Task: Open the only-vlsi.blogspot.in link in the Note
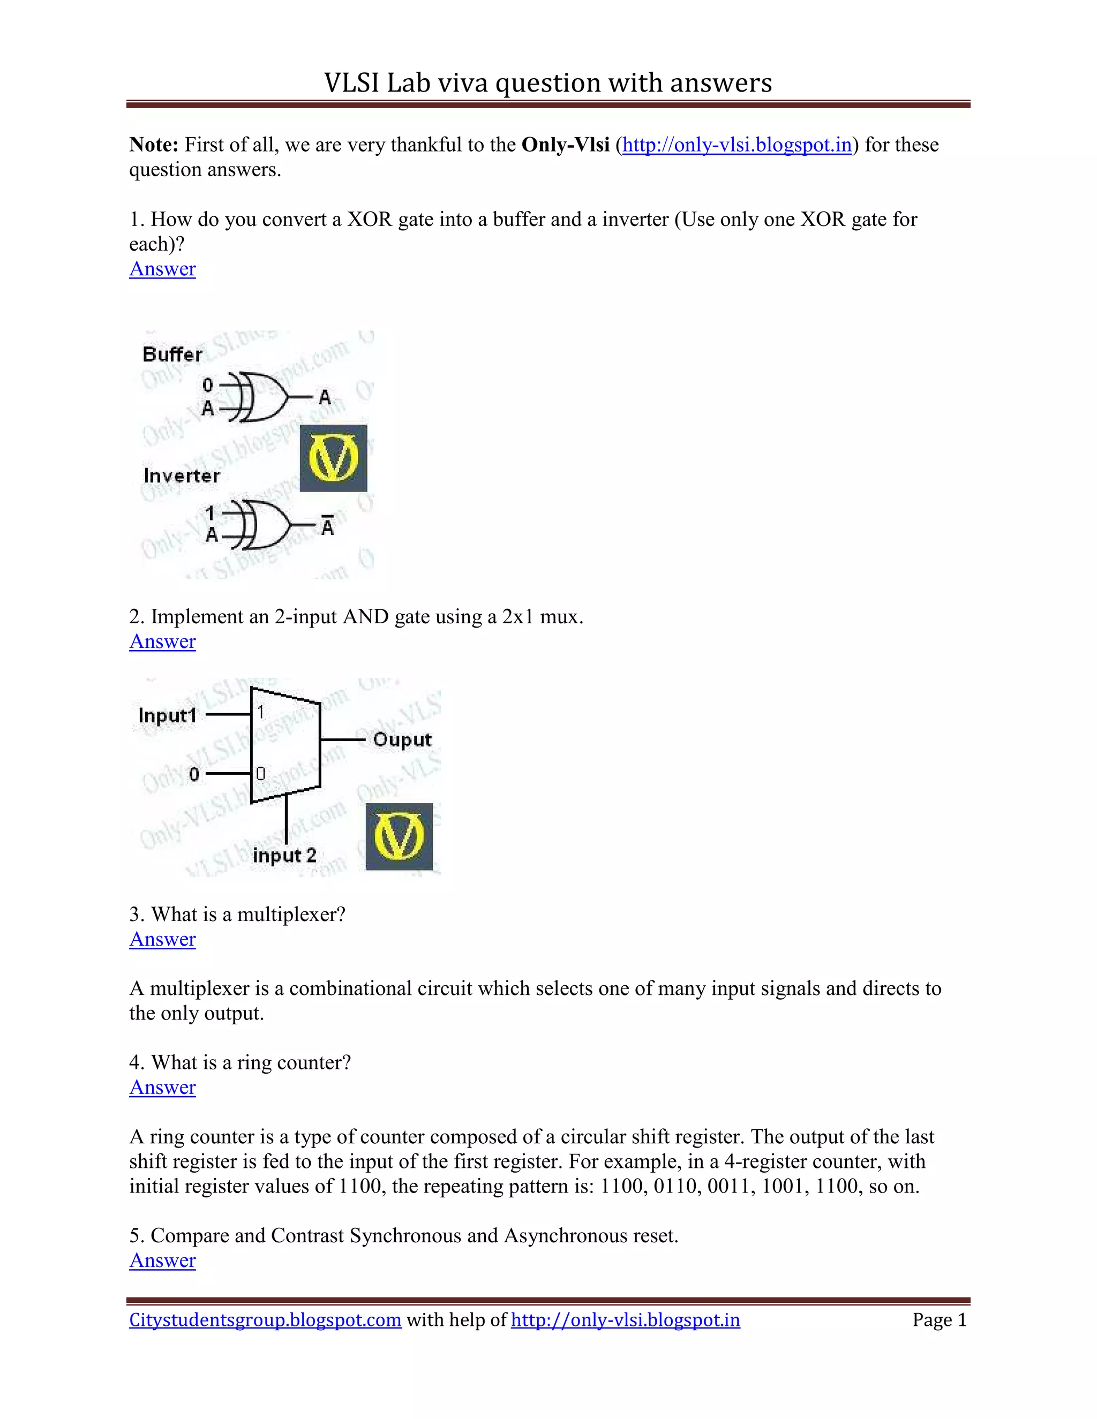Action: [737, 145]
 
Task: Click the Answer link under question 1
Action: [162, 269]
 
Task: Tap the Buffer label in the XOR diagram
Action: [172, 354]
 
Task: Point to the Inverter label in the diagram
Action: [182, 475]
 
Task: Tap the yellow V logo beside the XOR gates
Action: [333, 458]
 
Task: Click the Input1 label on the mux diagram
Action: [167, 715]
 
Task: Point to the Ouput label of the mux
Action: [402, 739]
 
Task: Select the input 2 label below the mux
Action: [284, 855]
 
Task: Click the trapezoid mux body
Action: [286, 744]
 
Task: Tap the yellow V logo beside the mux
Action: [399, 836]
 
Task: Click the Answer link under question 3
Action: [162, 940]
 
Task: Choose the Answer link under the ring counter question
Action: [162, 1088]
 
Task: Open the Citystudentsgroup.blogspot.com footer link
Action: [265, 1320]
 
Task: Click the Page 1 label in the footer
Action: [939, 1320]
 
